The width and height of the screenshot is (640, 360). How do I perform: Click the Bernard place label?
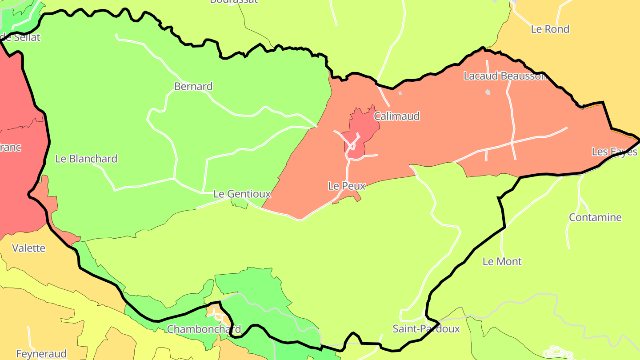pyautogui.click(x=193, y=86)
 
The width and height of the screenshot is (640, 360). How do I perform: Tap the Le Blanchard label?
pyautogui.click(x=86, y=159)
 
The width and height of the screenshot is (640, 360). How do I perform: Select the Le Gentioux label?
pyautogui.click(x=242, y=194)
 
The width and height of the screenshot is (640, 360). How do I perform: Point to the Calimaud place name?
pyautogui.click(x=396, y=116)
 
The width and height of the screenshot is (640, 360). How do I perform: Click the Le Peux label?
pyautogui.click(x=347, y=186)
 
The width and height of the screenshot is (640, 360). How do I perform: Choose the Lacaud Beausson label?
pyautogui.click(x=505, y=76)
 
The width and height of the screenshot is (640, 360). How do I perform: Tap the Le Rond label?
pyautogui.click(x=550, y=29)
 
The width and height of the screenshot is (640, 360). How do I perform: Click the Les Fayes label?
pyautogui.click(x=614, y=152)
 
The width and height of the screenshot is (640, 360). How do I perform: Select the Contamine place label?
pyautogui.click(x=595, y=218)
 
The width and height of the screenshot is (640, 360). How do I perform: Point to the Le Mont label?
pyautogui.click(x=502, y=261)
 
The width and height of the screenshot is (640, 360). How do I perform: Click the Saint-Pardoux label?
pyautogui.click(x=426, y=329)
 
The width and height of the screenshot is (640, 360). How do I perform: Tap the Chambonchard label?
pyautogui.click(x=204, y=329)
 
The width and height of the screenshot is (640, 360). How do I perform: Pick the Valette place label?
pyautogui.click(x=28, y=248)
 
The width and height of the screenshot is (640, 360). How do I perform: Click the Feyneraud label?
pyautogui.click(x=41, y=354)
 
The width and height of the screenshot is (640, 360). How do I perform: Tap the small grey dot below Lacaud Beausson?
pyautogui.click(x=488, y=92)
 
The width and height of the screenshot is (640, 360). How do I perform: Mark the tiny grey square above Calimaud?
pyautogui.click(x=400, y=93)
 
